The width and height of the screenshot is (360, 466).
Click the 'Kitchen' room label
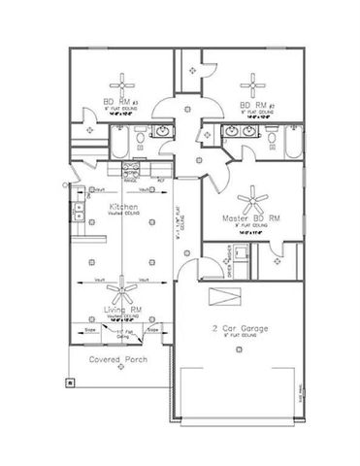(122, 208)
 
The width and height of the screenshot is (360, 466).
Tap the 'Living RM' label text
(123, 310)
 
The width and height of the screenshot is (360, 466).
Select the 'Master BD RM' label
(252, 219)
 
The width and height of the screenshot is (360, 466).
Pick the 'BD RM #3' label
(122, 103)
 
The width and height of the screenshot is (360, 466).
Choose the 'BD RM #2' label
(258, 103)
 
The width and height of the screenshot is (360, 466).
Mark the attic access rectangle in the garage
(228, 298)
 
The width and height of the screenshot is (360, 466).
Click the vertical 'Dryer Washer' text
(229, 259)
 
